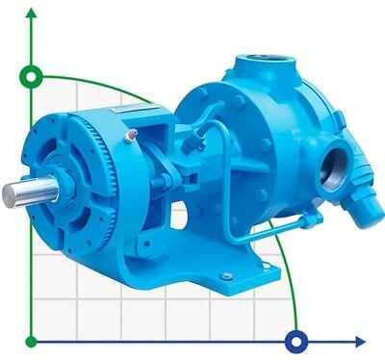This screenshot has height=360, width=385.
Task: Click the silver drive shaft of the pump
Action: click(19, 193)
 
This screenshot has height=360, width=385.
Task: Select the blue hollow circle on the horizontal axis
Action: click(296, 340)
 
